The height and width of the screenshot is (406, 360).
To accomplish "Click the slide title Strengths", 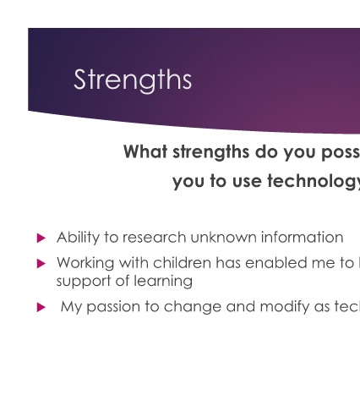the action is (x=133, y=80).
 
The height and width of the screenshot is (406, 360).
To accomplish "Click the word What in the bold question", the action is (x=145, y=151).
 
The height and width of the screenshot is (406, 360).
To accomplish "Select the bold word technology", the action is (x=314, y=182).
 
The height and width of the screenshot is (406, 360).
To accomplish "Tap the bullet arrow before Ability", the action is (x=41, y=239).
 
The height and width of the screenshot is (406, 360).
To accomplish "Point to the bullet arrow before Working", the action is (x=41, y=264).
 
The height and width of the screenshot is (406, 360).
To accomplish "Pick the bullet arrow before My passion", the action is (x=41, y=307).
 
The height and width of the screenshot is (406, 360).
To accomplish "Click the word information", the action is (x=303, y=238).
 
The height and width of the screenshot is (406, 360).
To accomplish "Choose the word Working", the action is (x=85, y=263).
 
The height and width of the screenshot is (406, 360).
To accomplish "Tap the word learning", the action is (x=163, y=282).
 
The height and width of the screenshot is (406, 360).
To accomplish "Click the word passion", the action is (x=113, y=307).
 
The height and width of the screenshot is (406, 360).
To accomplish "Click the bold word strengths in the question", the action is (x=211, y=152).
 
